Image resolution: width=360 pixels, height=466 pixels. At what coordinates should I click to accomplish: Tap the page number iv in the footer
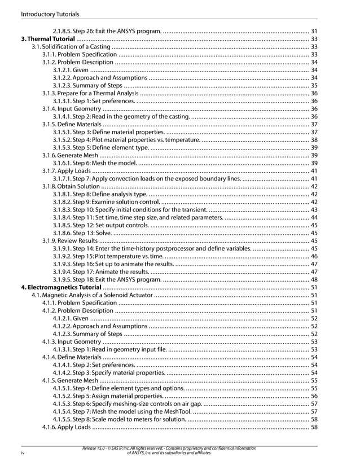[x=23, y=452]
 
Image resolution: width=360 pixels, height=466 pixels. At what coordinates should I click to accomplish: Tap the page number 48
[x=314, y=279]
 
